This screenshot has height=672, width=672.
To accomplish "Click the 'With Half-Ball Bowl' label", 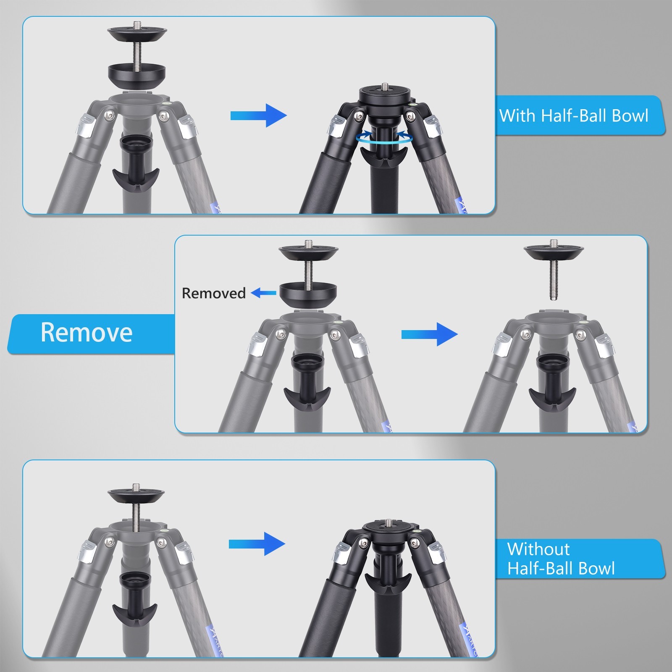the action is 574,115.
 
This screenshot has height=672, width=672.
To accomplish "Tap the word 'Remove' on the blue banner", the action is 87,333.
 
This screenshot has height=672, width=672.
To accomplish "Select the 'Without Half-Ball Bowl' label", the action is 561,559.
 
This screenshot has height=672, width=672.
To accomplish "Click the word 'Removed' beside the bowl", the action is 214,293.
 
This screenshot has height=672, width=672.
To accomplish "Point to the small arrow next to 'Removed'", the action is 264,293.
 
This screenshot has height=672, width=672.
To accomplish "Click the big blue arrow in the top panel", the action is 258,115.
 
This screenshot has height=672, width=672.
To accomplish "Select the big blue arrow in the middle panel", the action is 429,334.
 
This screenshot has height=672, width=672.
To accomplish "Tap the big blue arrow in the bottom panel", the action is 257,544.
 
